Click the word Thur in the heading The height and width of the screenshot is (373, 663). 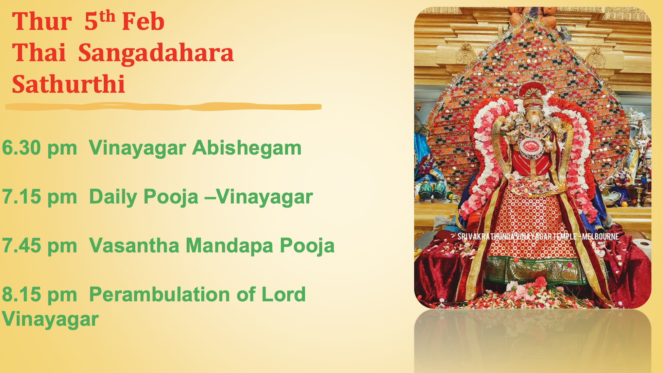(x=42, y=22)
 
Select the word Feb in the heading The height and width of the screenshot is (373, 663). (x=143, y=22)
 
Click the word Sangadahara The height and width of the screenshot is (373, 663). (x=156, y=53)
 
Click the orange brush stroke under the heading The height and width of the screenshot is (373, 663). (x=163, y=107)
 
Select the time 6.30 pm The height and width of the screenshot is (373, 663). (x=39, y=148)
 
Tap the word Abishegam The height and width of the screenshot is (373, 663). (x=247, y=148)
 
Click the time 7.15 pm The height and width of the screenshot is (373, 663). (x=39, y=197)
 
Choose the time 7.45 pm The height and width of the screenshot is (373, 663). (x=39, y=246)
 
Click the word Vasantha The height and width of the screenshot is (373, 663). (x=134, y=246)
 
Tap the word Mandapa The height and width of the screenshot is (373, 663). (x=229, y=246)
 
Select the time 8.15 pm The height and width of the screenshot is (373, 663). (x=39, y=295)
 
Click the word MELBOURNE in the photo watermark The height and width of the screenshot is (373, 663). (x=600, y=236)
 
